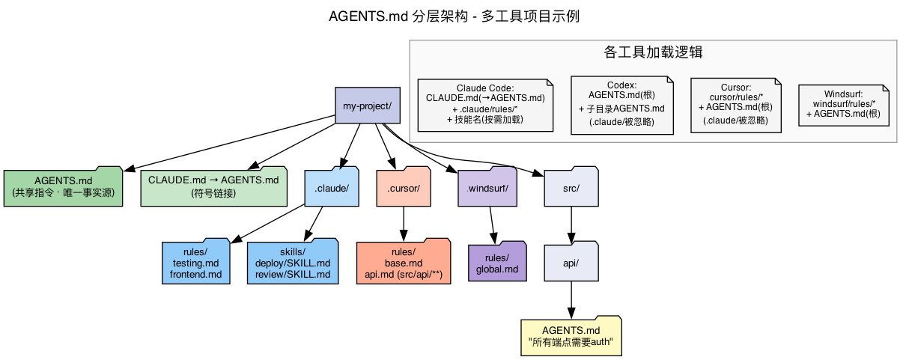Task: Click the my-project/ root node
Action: tap(367, 106)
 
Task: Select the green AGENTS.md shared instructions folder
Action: tap(64, 186)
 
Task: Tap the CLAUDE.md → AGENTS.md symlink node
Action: tap(213, 186)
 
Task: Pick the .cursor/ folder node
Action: tap(404, 187)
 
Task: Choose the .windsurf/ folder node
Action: tap(487, 187)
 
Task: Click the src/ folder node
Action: tap(571, 187)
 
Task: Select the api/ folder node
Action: tap(571, 262)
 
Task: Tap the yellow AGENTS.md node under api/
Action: tap(571, 336)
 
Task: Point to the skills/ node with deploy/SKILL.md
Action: tap(293, 263)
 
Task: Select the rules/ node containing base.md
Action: tap(404, 263)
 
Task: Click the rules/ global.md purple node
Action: tap(497, 263)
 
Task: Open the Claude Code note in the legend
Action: tap(484, 104)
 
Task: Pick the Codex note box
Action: tap(621, 104)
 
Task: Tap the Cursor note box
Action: tap(735, 104)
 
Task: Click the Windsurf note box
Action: tap(843, 104)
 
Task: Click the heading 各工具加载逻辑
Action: tap(652, 52)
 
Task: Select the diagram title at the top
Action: tap(454, 16)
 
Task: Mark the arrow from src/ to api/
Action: tap(572, 223)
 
